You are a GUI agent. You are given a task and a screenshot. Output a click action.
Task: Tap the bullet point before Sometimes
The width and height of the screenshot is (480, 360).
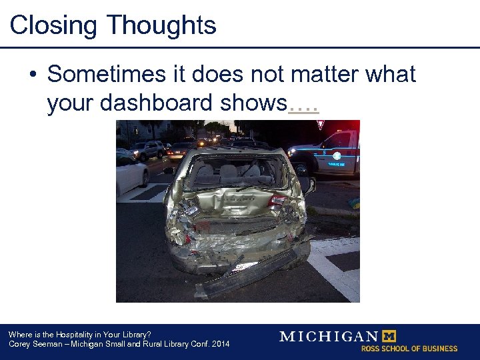tap(32, 75)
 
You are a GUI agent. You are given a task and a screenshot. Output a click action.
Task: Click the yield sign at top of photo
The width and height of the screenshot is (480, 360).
tap(321, 125)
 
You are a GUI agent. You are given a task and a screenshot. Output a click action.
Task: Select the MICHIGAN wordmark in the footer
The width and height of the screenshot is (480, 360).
tap(328, 336)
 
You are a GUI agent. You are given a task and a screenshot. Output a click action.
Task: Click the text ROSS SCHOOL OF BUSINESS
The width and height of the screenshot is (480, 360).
tap(409, 349)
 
